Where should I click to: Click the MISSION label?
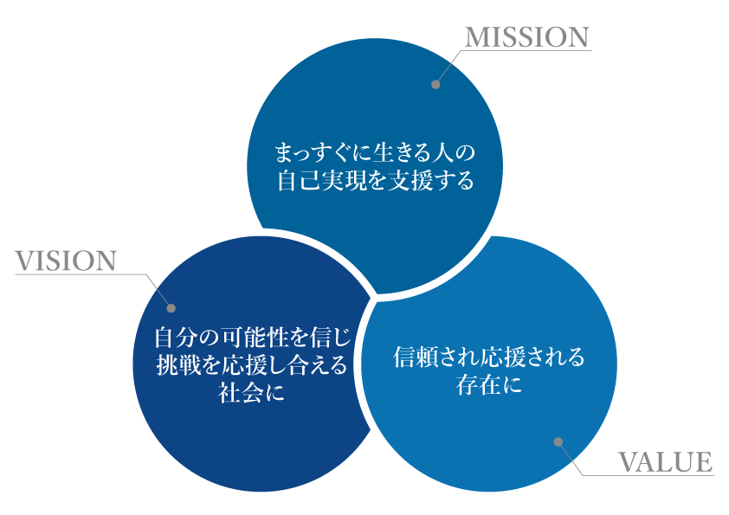point(527,37)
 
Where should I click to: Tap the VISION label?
point(66,261)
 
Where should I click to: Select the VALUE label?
point(665,462)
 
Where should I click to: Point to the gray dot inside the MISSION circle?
point(435,85)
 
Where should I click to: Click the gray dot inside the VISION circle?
point(171,307)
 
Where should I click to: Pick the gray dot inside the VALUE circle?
point(558,441)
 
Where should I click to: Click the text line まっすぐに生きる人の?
point(375,154)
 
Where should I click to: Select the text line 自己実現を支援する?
point(375,182)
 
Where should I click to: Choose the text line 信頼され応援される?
point(489,357)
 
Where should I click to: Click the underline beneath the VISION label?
point(78,274)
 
